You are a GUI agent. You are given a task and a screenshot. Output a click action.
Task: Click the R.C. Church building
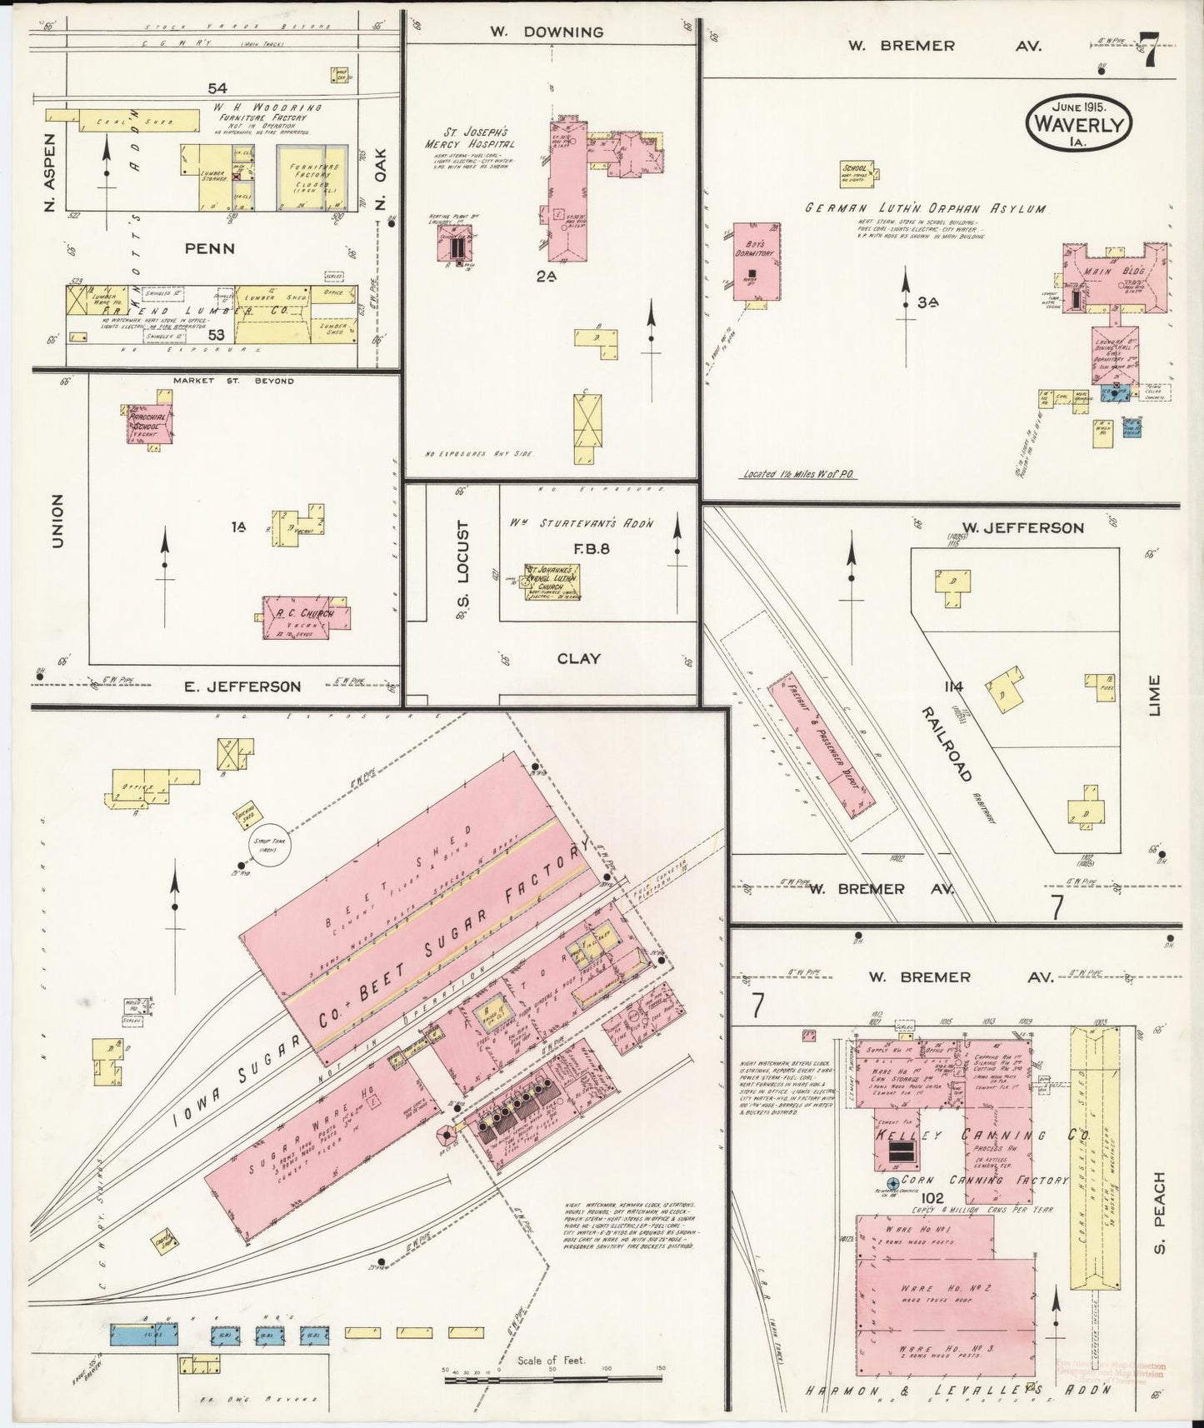(x=307, y=617)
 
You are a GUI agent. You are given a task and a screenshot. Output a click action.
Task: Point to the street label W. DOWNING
(x=547, y=32)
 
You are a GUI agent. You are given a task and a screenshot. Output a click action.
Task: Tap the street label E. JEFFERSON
(x=242, y=687)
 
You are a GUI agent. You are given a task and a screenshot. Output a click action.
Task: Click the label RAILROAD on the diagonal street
(x=947, y=744)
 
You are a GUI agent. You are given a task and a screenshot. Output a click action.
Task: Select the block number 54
(x=217, y=87)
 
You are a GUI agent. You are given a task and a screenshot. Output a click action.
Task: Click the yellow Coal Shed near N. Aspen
(x=122, y=121)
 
